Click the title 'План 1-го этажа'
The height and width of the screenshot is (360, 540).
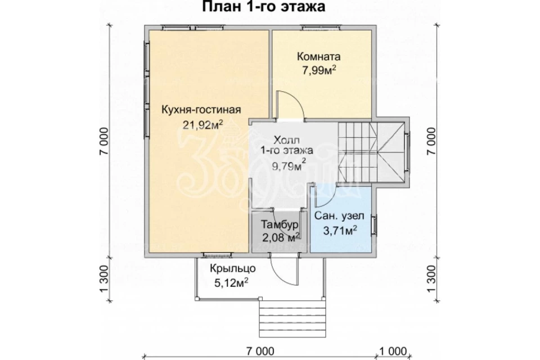coord(263,6)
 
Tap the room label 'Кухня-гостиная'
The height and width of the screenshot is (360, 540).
coord(201,110)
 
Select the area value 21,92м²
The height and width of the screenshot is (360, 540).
coord(202,125)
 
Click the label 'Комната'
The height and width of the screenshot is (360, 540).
coord(318,56)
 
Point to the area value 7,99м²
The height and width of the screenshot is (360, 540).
coord(319,71)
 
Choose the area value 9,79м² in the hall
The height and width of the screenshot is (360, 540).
coord(289,166)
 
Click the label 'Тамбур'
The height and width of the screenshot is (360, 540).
coord(280,224)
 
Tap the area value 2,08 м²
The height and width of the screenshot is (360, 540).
coord(281,237)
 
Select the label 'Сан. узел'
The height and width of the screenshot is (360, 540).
coord(339,217)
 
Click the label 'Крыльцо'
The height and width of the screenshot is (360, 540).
coord(232,268)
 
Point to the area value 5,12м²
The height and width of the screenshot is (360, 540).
coord(231,283)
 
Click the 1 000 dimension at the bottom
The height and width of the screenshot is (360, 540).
coord(393,351)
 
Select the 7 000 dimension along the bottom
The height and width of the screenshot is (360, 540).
coord(260,351)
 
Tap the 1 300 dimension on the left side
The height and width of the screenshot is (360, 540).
coord(105,279)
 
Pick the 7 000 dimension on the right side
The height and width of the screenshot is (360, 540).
coord(431,142)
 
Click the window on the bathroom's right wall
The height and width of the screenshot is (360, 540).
coord(373,226)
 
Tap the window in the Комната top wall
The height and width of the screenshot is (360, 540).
coord(321,28)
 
